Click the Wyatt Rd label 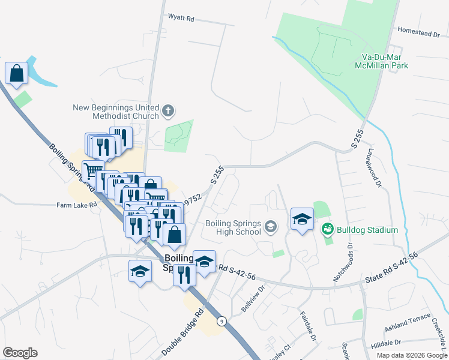point(181,19)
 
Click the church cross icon point(169,110)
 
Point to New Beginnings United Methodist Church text point(115,112)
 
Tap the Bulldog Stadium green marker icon point(327,229)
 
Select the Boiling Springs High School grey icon point(271,226)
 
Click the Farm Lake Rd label point(76,205)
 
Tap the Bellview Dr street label point(252,297)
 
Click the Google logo point(20,353)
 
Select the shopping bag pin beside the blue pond point(17,73)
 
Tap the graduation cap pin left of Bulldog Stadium point(302,219)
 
